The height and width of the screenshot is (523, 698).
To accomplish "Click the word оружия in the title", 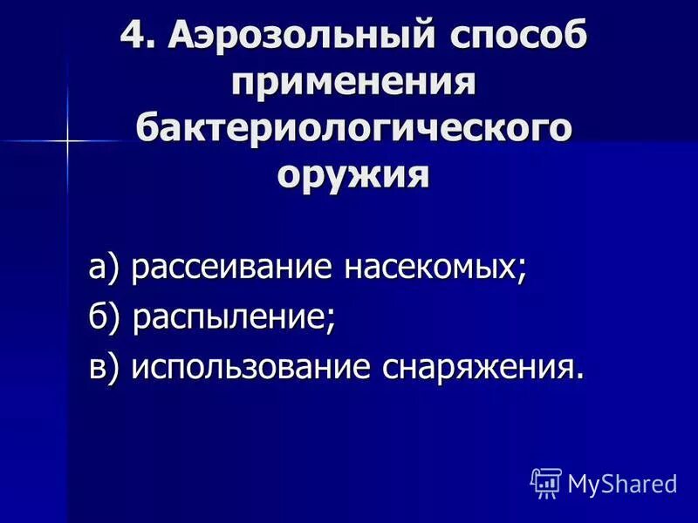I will [354, 175].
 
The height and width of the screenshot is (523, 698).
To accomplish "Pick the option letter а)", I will [106, 268].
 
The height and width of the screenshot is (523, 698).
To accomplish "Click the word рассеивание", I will [231, 268].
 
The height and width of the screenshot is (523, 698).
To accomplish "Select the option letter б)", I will [106, 316].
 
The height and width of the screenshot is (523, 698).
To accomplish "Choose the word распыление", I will [230, 317].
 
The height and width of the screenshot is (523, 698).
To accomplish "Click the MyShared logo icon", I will [545, 482].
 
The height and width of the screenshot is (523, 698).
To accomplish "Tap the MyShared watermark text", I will [621, 483].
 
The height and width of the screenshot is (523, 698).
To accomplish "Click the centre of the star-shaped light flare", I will [65, 139].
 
